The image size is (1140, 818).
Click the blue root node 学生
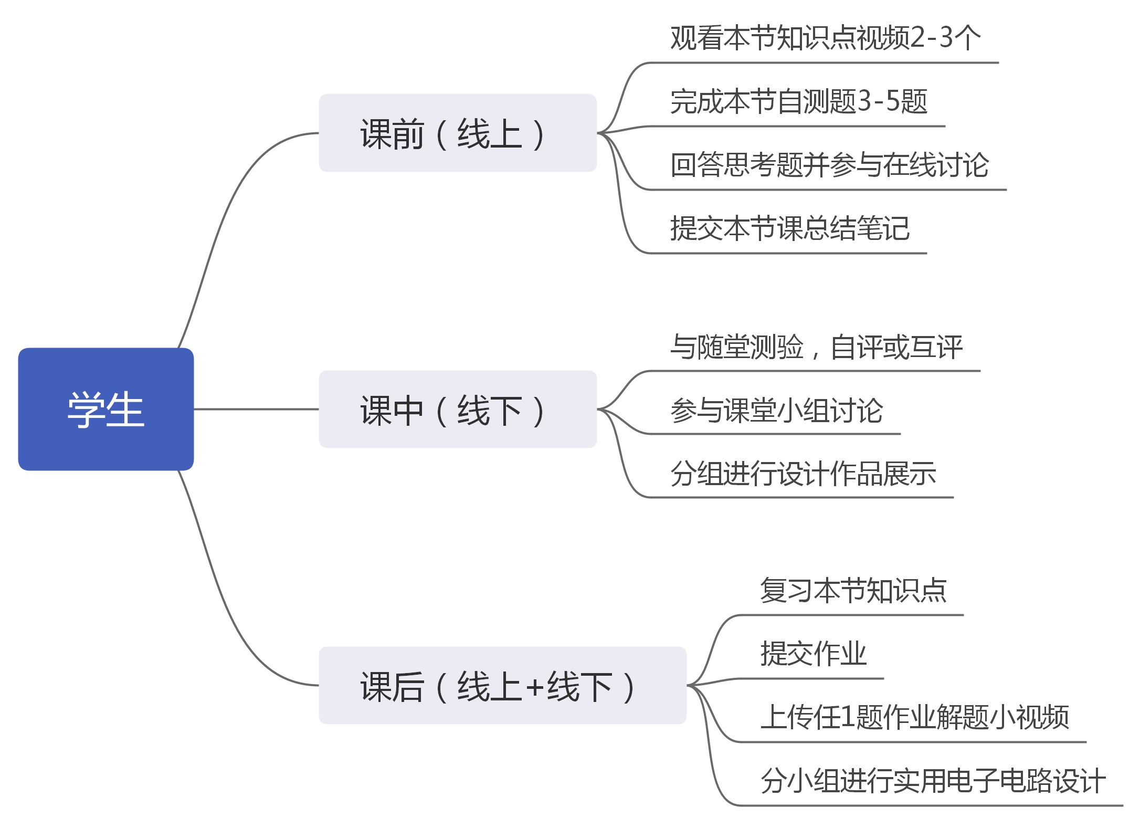pos(106,409)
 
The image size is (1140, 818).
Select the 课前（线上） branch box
pos(458,133)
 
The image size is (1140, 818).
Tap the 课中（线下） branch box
pos(458,409)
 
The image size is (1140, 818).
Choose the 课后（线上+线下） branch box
pos(502,685)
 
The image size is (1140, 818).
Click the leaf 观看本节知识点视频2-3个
pos(825,38)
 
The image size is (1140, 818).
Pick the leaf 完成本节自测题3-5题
pos(798,102)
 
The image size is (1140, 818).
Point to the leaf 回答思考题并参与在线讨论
pos(829,165)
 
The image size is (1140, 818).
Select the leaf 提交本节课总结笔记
pos(789,228)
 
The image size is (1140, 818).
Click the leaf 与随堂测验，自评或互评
pos(816,347)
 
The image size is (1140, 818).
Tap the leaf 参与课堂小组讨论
pos(776,411)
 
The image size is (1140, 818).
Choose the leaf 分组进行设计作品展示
pos(803,474)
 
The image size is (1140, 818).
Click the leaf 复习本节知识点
pos(853,591)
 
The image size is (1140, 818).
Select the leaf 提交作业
pos(813,654)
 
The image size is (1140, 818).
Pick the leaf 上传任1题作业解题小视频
pos(914,717)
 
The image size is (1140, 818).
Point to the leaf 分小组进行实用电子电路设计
pos(933,781)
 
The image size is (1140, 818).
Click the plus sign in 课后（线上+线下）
pos(535,687)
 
